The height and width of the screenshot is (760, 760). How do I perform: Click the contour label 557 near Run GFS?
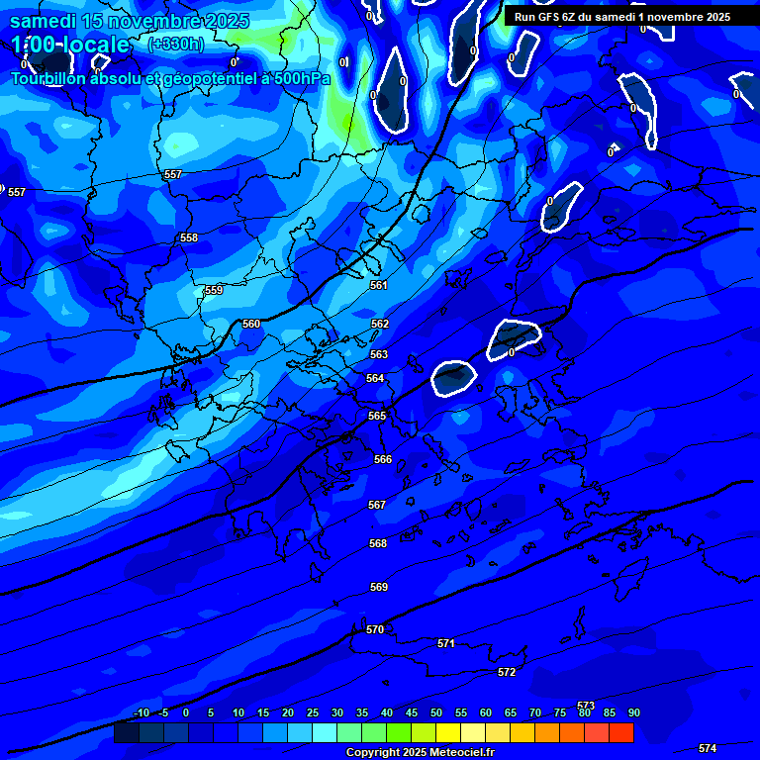pos(173,174)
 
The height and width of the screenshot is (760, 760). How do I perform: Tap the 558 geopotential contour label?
pos(189,237)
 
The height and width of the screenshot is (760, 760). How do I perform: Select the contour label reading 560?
pos(251,324)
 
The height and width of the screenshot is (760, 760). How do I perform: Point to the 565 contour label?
pos(377,416)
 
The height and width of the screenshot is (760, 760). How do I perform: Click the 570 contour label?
pos(375,629)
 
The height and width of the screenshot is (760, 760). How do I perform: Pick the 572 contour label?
pos(507,672)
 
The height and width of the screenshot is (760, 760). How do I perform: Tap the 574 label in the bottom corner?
pos(708,748)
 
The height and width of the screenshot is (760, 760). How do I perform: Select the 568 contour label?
pos(378,543)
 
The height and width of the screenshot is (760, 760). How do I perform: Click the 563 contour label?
pos(379,354)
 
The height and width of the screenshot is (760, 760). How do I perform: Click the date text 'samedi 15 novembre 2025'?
pos(130,21)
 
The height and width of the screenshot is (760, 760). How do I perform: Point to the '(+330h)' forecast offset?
pos(175,44)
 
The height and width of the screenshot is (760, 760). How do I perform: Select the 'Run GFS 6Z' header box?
pos(622,17)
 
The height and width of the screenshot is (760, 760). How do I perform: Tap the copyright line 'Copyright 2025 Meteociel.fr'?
pos(420,753)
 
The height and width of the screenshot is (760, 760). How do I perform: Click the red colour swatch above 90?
pos(621,732)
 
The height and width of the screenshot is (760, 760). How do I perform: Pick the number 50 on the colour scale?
pos(436,713)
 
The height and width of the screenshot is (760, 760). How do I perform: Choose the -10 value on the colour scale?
pos(141,713)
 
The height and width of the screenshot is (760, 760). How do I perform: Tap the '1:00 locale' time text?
pos(70,45)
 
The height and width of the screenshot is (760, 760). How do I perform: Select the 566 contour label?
pos(383,459)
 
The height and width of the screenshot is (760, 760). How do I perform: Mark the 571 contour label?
pos(446,643)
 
